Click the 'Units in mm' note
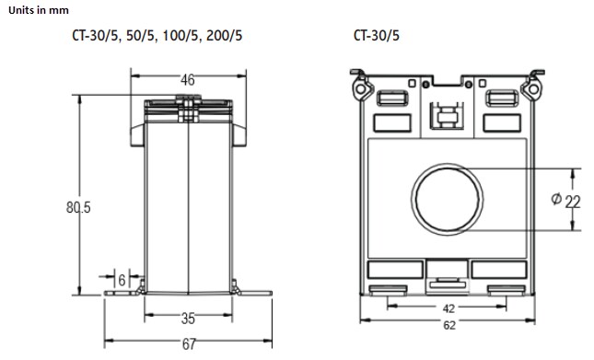click(39, 10)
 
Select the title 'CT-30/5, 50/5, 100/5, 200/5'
click(157, 36)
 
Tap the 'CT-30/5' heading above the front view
click(376, 36)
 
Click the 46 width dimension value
click(188, 80)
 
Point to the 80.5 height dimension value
click(78, 207)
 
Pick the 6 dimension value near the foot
click(122, 280)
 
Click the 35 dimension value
click(188, 319)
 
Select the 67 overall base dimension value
click(189, 343)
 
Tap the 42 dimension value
click(448, 308)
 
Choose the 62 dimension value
click(448, 325)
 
